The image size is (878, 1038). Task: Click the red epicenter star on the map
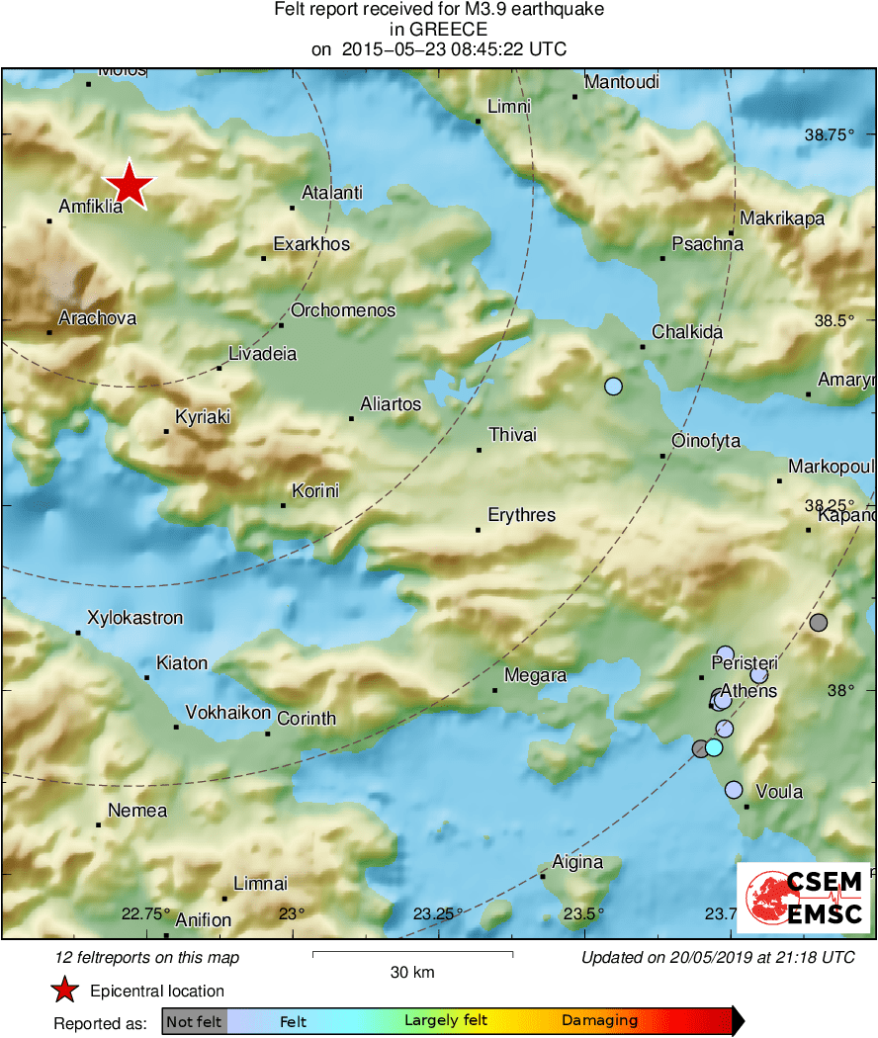tap(130, 185)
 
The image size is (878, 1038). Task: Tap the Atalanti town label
tap(331, 194)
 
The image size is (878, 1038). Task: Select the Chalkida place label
tap(687, 332)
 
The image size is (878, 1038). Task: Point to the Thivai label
tap(513, 435)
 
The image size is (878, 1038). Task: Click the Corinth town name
tap(307, 719)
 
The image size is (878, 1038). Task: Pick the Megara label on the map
tap(535, 676)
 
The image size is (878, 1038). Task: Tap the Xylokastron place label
tap(135, 618)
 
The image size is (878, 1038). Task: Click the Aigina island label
tap(577, 862)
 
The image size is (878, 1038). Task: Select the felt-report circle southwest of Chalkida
tap(613, 387)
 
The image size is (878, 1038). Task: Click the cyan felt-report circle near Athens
tap(714, 747)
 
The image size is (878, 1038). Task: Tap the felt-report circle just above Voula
tap(734, 790)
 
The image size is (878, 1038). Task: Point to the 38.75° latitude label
tap(828, 134)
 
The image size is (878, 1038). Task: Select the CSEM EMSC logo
tap(803, 898)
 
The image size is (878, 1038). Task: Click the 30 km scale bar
tap(412, 954)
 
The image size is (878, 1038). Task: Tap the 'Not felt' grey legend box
tap(194, 1020)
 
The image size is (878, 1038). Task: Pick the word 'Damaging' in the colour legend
tap(600, 1020)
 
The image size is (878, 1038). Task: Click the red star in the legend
tap(65, 991)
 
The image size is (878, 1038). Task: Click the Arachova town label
tap(98, 318)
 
